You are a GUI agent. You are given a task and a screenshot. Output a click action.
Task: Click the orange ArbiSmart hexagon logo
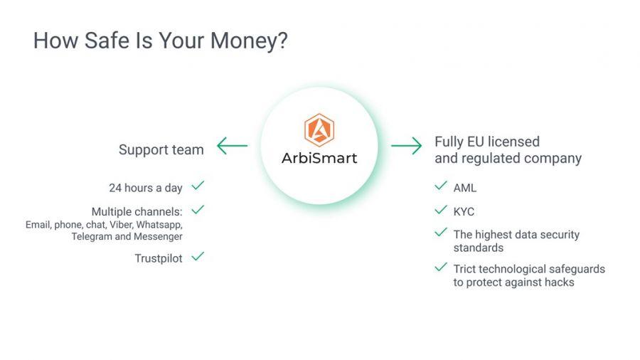point(319,129)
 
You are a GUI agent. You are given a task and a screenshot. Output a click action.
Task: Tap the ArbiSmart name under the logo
point(319,158)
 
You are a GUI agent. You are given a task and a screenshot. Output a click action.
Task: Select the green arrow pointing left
point(233,146)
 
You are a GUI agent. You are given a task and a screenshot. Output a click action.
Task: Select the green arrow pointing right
point(407,146)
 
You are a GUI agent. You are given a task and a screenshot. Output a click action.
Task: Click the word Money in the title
point(249,41)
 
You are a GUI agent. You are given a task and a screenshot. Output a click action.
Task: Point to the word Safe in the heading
point(107,41)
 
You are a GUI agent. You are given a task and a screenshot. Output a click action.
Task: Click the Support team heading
point(161,150)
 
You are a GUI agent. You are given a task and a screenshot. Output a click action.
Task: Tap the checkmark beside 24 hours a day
point(198,186)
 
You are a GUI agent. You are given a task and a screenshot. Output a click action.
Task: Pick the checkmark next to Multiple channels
point(198,209)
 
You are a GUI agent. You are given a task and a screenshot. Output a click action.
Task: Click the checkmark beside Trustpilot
point(198,256)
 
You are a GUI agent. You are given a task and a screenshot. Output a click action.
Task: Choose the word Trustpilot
point(159,258)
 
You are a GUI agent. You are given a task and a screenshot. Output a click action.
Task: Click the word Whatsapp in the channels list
point(159,225)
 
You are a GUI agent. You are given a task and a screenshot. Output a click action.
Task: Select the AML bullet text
point(465,188)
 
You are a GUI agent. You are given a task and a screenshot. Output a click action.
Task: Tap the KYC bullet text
point(464,211)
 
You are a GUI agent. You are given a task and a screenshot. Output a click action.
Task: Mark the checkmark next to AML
point(441,186)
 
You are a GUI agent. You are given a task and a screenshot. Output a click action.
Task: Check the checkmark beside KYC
point(441,210)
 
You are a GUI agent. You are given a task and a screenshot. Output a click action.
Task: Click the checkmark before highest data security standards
point(441,232)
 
